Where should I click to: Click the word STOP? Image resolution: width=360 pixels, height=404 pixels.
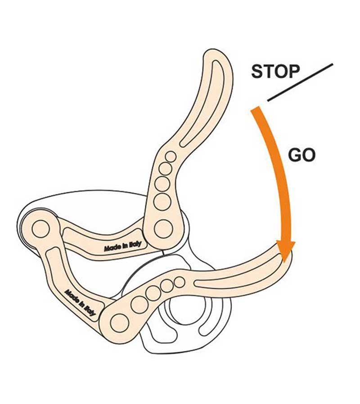coord(275,72)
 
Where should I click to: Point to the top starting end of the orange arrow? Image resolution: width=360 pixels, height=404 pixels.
coord(256,110)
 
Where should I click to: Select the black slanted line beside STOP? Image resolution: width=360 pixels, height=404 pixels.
coord(300,82)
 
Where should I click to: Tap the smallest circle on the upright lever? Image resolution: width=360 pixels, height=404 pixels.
coord(171,156)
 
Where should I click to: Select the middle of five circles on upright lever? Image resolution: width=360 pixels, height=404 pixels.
coord(162,184)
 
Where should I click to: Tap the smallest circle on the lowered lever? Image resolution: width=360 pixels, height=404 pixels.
coord(179,282)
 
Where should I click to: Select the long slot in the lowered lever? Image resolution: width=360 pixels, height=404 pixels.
coord(238,277)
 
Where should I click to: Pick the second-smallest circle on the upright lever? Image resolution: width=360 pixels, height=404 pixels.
coord(165,168)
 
